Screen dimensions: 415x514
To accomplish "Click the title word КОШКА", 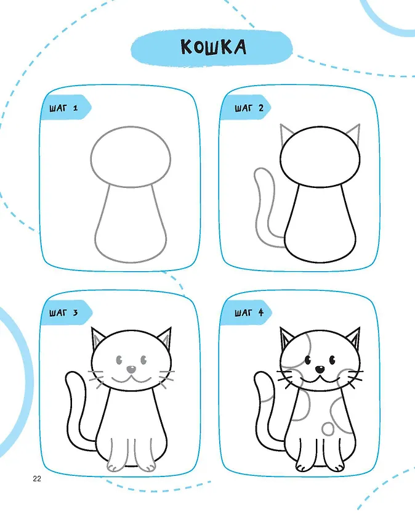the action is pyautogui.click(x=213, y=47).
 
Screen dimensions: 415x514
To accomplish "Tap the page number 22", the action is pyautogui.click(x=37, y=479).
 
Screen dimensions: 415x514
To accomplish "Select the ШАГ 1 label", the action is pyautogui.click(x=63, y=107).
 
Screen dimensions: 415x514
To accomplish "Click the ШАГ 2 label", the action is pyautogui.click(x=249, y=107).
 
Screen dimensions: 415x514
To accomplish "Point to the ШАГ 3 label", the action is pyautogui.click(x=63, y=312).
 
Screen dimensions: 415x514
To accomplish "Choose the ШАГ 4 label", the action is pyautogui.click(x=249, y=312).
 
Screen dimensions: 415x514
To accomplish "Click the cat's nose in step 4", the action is pyautogui.click(x=320, y=369).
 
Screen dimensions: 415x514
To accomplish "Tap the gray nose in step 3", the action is pyautogui.click(x=131, y=369).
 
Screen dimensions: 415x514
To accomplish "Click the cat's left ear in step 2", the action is pyautogui.click(x=286, y=135).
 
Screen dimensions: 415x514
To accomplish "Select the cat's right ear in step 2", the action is pyautogui.click(x=355, y=135).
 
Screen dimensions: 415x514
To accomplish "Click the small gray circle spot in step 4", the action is pyautogui.click(x=328, y=428).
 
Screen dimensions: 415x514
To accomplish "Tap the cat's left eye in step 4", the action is pyautogui.click(x=308, y=360).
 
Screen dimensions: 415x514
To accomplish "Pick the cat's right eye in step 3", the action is pyautogui.click(x=143, y=360).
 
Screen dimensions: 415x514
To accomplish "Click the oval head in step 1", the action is pyautogui.click(x=131, y=127).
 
